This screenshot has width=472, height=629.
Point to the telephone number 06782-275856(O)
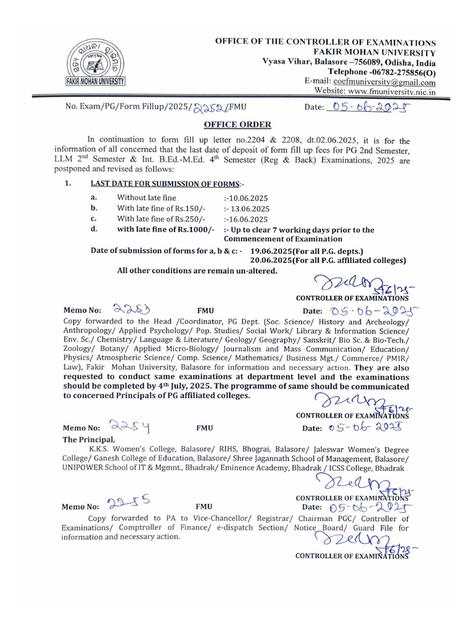tap(396, 72)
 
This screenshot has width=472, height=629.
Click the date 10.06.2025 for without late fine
tap(246, 198)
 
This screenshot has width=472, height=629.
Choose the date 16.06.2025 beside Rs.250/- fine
tap(246, 219)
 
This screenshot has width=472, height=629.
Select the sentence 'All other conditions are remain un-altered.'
tap(197, 271)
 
